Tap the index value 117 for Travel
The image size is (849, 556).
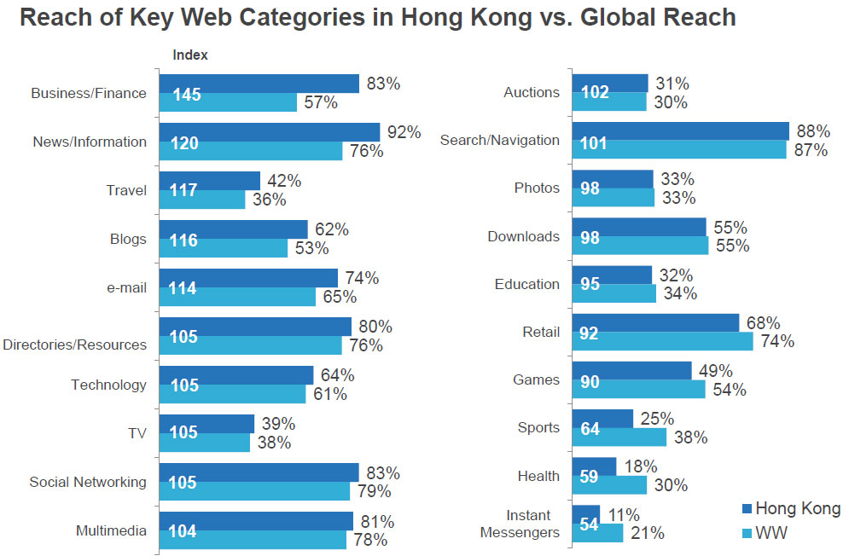point(185,190)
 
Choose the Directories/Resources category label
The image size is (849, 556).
point(74,345)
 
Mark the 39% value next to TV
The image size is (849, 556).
point(278,424)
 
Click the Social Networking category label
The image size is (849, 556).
point(88,482)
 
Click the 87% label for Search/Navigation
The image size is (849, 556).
point(811,150)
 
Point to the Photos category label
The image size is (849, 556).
point(537,188)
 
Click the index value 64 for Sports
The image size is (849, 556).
point(590,428)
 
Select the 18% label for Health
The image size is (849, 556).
point(640,466)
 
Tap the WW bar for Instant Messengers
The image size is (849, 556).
point(610,533)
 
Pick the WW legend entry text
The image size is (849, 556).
point(775,535)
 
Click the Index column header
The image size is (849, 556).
point(190,55)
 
